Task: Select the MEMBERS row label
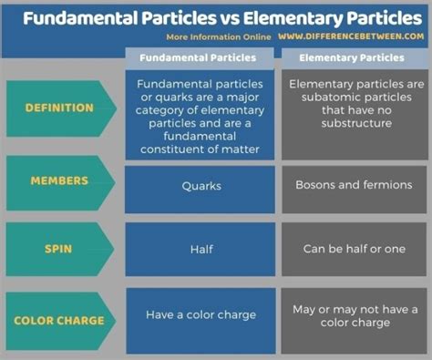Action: (59, 182)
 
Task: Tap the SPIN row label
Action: (59, 248)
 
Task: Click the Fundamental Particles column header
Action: (199, 57)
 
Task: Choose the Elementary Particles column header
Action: (351, 57)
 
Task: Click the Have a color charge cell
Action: (201, 315)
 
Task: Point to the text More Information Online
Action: (219, 37)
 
